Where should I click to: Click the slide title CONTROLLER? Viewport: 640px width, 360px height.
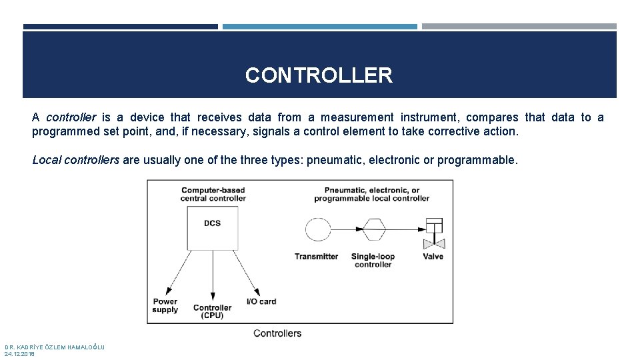coord(319,75)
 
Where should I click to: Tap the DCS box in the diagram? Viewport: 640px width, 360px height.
coord(213,227)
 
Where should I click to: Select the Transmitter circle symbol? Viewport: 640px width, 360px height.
coord(317,230)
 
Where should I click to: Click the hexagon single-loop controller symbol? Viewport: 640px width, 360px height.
coord(373,230)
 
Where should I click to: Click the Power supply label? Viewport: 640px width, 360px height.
coord(165,305)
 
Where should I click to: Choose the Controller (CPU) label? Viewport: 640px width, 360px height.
coord(212,311)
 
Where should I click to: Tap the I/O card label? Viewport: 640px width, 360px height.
coord(261,301)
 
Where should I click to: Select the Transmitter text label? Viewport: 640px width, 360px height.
coord(316,257)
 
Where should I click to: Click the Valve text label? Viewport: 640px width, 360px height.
coord(433,257)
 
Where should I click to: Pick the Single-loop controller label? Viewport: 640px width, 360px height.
coord(373,261)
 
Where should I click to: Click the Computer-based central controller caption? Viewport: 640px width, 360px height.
coord(213,194)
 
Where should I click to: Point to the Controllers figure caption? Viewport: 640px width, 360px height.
coord(277,333)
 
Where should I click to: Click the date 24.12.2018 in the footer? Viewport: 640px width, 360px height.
coord(19,354)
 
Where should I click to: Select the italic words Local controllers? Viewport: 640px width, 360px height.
coord(76,160)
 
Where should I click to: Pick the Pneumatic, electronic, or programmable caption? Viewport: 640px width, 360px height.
coord(371,194)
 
